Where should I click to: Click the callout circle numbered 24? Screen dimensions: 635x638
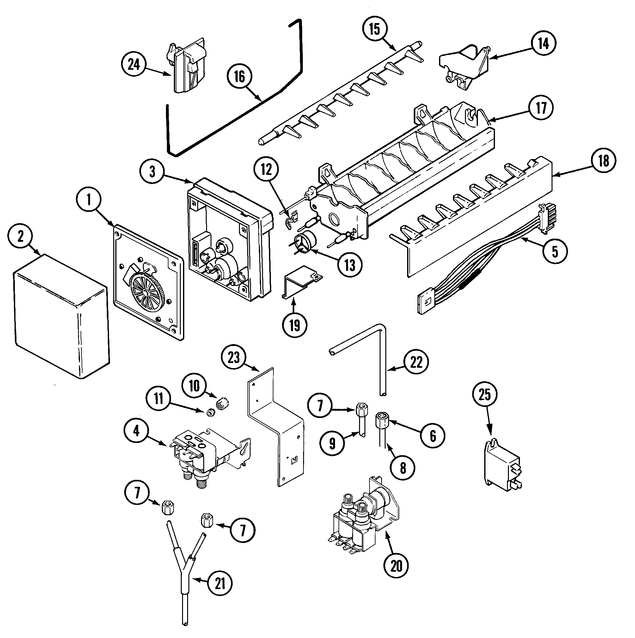point(134,65)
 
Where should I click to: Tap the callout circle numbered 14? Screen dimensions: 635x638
point(543,43)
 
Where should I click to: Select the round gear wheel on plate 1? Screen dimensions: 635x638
point(146,292)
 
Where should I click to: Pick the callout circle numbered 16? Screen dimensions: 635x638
point(240,77)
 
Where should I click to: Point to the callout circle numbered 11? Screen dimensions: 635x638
point(159,398)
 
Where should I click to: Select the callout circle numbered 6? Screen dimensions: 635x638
point(433,436)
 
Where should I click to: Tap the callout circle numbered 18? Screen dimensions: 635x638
point(604,161)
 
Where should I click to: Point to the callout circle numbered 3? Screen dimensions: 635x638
point(152,172)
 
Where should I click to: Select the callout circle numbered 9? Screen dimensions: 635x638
point(332,443)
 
